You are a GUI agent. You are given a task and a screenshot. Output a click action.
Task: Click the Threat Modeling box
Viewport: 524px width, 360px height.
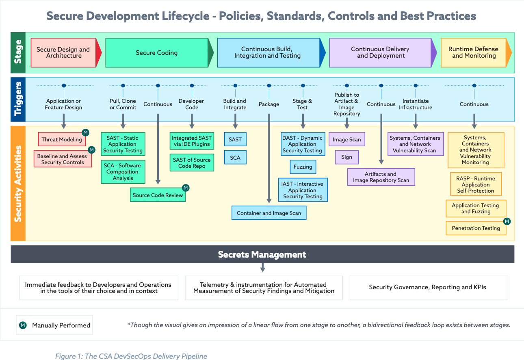(61, 139)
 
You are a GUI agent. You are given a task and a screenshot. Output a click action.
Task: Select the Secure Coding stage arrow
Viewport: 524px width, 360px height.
(157, 52)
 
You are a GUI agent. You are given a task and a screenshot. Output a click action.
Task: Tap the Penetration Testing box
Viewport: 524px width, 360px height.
(476, 228)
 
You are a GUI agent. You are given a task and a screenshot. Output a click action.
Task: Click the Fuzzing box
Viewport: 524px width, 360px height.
(303, 167)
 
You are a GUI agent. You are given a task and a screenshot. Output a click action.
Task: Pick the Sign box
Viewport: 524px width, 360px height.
(346, 157)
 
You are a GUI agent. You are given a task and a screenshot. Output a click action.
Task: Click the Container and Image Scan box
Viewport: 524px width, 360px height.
(269, 213)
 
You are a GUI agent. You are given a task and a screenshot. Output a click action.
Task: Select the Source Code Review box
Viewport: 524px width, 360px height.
(158, 195)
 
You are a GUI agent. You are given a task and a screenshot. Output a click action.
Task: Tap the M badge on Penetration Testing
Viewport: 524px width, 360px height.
(507, 221)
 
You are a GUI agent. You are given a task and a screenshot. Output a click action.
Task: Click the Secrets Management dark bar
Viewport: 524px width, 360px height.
(262, 254)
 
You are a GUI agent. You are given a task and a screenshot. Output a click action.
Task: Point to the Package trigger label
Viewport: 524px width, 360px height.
(269, 104)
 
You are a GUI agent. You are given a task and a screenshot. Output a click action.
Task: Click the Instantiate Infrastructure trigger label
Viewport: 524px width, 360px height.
(416, 104)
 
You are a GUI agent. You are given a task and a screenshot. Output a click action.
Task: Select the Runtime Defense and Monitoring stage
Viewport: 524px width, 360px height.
(474, 52)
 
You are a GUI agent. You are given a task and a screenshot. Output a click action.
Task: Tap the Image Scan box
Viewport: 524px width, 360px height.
(346, 139)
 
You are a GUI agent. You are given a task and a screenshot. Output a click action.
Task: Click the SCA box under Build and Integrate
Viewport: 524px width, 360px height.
(235, 157)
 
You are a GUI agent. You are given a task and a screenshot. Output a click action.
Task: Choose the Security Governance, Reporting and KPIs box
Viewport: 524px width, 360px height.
(427, 287)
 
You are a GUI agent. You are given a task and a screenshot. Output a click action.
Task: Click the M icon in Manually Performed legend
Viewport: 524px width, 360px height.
(23, 325)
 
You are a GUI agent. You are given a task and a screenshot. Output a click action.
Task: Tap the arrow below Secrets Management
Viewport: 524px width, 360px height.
(262, 268)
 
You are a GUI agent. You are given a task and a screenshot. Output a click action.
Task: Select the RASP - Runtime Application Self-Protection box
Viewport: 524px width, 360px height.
(476, 184)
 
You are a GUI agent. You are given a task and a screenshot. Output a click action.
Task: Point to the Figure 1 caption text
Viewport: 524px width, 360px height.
(131, 356)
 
